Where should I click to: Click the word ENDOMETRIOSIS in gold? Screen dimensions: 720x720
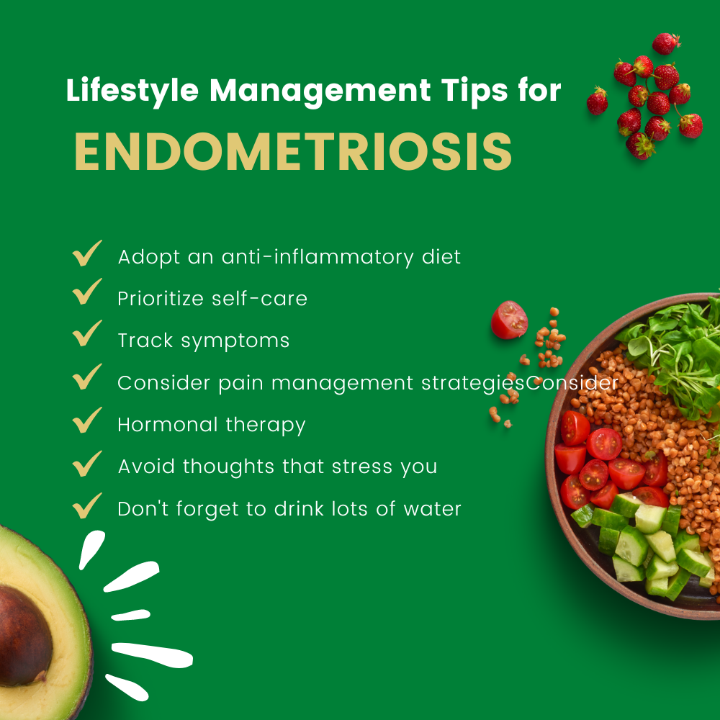point(293,152)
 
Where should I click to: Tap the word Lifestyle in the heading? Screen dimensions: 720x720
point(132,91)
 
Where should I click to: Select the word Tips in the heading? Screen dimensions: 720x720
point(474,91)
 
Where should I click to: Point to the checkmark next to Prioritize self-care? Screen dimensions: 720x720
point(87,292)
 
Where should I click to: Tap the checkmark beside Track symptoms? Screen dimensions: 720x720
point(87,333)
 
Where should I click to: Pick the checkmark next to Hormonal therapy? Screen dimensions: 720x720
point(87,420)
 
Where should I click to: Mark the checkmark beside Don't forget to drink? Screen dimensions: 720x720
point(87,505)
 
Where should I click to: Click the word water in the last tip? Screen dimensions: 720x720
point(432,509)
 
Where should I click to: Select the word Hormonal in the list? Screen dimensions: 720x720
point(168,425)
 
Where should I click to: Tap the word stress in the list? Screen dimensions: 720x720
point(362,467)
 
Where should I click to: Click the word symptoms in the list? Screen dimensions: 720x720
point(235,341)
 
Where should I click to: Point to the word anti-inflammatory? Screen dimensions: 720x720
point(318,257)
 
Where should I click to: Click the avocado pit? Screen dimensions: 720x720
point(24,635)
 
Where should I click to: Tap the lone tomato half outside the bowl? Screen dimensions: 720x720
point(509,320)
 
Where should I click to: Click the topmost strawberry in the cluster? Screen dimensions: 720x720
point(666,44)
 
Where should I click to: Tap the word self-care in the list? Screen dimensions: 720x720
point(259,299)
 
